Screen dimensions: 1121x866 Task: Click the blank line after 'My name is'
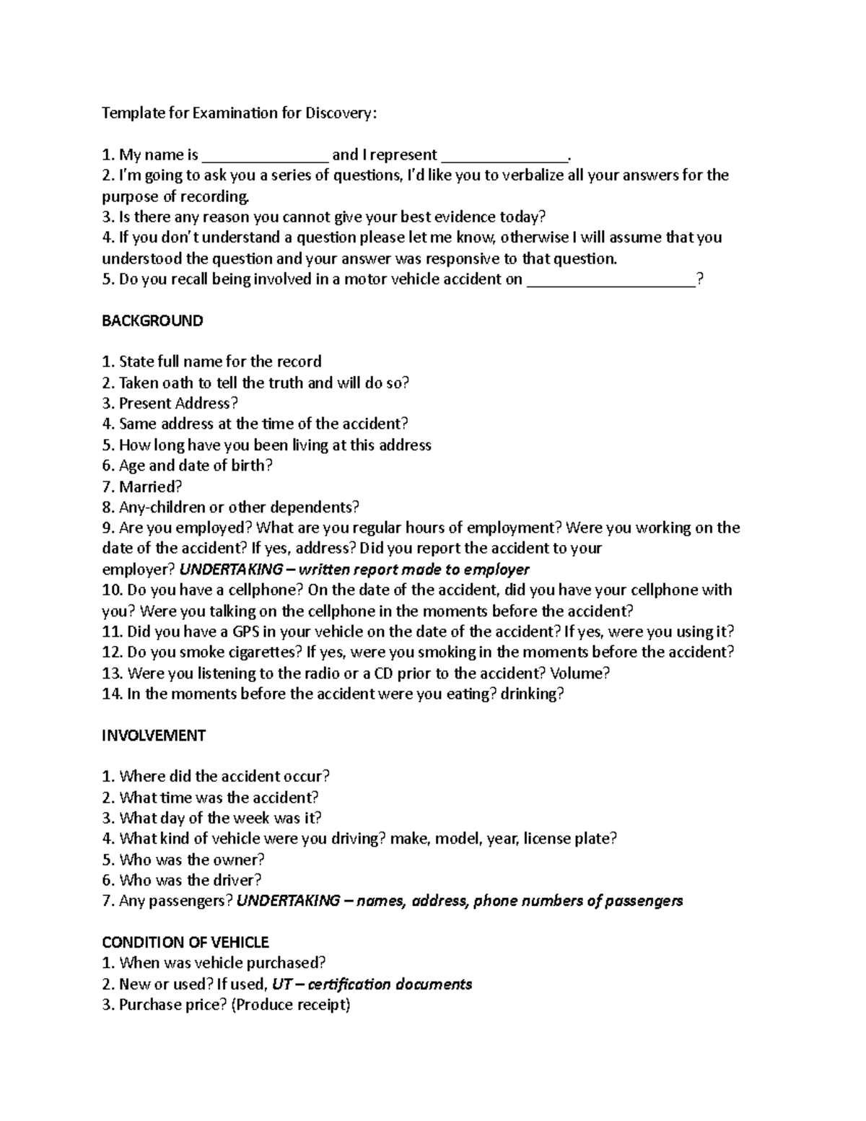(x=265, y=155)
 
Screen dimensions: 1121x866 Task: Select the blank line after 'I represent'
(x=504, y=155)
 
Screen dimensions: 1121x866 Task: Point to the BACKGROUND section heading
(x=152, y=320)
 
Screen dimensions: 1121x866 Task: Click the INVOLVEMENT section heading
(x=154, y=736)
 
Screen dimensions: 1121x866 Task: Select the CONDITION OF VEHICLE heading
(x=185, y=943)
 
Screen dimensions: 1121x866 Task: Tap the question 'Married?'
(x=150, y=487)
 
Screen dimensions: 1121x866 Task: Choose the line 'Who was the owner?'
(x=183, y=860)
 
